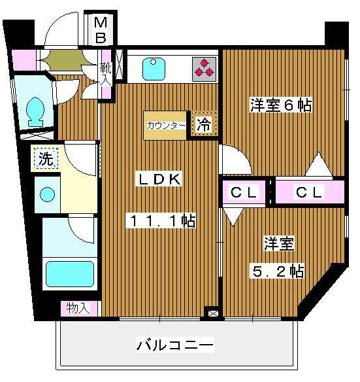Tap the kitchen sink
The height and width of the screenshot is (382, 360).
[154, 69]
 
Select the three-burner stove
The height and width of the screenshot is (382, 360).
[205, 69]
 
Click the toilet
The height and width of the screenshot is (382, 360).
[36, 112]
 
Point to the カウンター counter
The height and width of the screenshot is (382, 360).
[165, 126]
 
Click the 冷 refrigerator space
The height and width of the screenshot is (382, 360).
[204, 124]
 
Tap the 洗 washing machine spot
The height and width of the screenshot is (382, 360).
[46, 158]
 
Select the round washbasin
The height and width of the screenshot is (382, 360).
[47, 194]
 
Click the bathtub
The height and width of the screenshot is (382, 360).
[70, 274]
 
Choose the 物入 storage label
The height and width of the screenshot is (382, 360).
[78, 309]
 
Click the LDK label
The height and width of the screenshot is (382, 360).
[159, 179]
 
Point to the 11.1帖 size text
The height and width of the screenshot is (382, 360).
[161, 220]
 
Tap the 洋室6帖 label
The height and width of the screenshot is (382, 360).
[281, 105]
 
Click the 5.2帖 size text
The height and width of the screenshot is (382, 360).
[278, 271]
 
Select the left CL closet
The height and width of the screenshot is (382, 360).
[244, 192]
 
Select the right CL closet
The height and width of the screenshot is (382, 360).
[310, 192]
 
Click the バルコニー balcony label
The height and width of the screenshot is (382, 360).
[175, 345]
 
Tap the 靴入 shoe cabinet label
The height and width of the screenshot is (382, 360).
[106, 75]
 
